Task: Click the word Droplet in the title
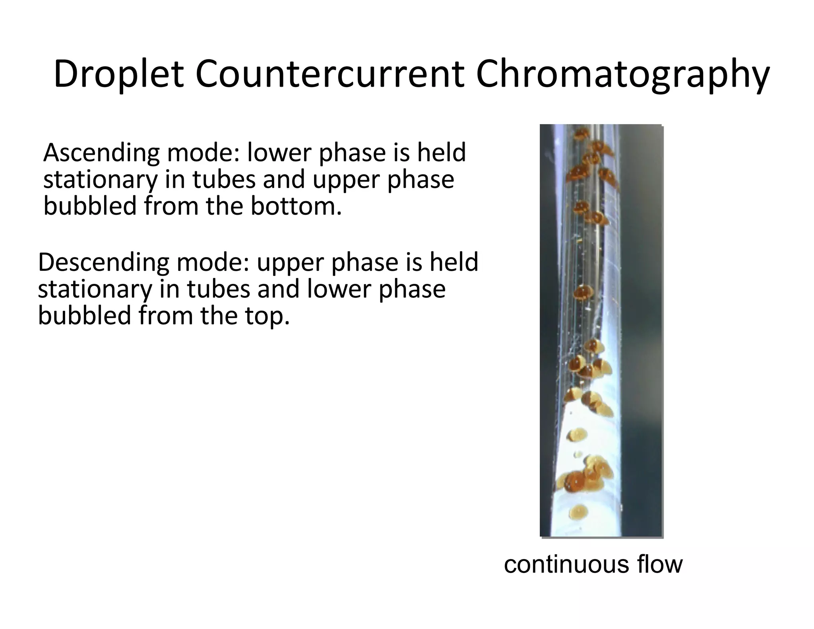click(118, 74)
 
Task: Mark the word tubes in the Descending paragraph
click(219, 289)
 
